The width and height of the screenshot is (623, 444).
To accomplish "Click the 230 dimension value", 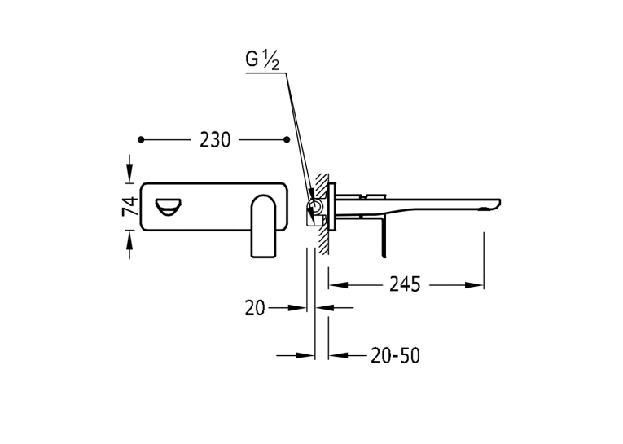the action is click(x=214, y=140).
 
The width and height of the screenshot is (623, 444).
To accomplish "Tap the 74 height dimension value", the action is click(x=130, y=206).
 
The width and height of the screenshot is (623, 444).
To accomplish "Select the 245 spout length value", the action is click(x=405, y=284).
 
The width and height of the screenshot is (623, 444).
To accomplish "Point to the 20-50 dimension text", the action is click(x=395, y=355).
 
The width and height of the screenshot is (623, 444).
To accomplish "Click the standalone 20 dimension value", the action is click(x=255, y=308).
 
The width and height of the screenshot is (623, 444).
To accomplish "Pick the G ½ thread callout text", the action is click(x=262, y=60).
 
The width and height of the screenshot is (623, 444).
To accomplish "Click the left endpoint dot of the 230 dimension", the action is click(x=141, y=139).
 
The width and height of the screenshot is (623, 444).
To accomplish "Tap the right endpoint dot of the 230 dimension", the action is click(x=287, y=139).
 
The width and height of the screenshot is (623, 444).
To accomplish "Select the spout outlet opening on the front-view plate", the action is click(x=168, y=207).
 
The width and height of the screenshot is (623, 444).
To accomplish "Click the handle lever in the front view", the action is click(x=263, y=226).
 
